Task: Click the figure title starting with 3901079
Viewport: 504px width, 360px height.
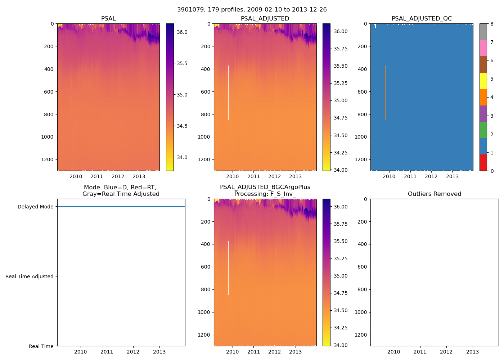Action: pyautogui.click(x=252, y=10)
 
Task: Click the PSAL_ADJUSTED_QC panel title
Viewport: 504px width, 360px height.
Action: pyautogui.click(x=422, y=19)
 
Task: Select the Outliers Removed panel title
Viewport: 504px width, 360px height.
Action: pyautogui.click(x=434, y=194)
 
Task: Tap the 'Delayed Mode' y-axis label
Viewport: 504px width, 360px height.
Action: pyautogui.click(x=35, y=207)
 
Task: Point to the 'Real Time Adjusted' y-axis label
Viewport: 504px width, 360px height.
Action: pyautogui.click(x=30, y=276)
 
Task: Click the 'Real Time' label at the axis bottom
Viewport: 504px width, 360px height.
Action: pyautogui.click(x=41, y=346)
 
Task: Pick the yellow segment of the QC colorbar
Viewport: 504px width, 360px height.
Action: pyautogui.click(x=483, y=81)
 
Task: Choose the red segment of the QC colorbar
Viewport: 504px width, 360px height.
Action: pyautogui.click(x=483, y=163)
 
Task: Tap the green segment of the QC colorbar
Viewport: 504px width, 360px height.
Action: pyautogui.click(x=483, y=130)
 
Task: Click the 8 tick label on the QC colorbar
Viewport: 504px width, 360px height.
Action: pyautogui.click(x=492, y=24)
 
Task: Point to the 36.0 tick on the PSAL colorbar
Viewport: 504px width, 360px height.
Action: pyautogui.click(x=182, y=32)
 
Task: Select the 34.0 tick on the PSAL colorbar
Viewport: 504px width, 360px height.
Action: pyautogui.click(x=182, y=157)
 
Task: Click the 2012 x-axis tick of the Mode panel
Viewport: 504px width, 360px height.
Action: pyautogui.click(x=133, y=352)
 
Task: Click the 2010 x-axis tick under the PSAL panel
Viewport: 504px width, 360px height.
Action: pyautogui.click(x=76, y=176)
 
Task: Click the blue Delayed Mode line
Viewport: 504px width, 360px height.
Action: pyautogui.click(x=121, y=207)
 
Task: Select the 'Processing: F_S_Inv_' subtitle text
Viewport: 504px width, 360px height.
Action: pyautogui.click(x=265, y=194)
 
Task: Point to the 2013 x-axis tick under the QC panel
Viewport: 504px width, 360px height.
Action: pyautogui.click(x=452, y=176)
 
